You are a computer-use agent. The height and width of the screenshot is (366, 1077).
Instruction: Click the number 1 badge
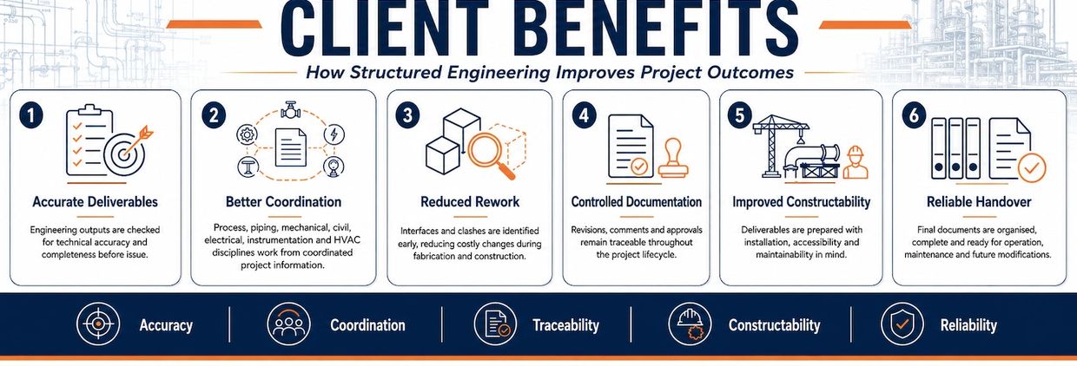[31, 116]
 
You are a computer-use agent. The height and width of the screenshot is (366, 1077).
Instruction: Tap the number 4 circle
[584, 115]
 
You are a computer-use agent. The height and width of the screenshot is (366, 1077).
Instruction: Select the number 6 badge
[914, 115]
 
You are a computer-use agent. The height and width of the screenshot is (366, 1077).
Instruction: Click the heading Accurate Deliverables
[96, 202]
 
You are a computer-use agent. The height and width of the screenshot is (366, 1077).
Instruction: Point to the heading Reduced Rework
[470, 202]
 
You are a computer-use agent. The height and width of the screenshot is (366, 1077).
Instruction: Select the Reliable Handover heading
[979, 202]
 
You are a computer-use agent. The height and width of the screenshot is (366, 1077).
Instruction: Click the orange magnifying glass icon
[491, 154]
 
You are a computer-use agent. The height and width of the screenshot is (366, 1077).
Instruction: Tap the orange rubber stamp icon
[673, 159]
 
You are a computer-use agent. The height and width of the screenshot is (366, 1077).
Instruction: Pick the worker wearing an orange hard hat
[856, 162]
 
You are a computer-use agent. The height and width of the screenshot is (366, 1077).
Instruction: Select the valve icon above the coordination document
[290, 110]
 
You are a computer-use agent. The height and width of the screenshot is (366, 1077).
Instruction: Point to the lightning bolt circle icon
[334, 134]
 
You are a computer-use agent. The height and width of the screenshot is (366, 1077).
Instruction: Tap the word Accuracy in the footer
[166, 325]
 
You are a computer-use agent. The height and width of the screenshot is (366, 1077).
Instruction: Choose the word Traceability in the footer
[565, 325]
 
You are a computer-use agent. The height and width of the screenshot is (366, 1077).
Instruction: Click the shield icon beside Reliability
[902, 324]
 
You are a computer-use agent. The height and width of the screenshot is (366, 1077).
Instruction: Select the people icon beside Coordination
[288, 324]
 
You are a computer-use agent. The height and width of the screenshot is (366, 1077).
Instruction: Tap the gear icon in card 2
[248, 134]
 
